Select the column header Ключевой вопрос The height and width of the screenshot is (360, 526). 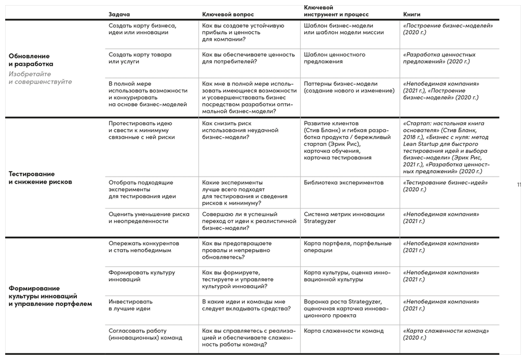(228, 14)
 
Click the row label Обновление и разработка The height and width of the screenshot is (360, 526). (30, 60)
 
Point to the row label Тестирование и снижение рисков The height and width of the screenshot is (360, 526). (39, 178)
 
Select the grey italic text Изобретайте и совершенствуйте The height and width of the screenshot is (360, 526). (40, 78)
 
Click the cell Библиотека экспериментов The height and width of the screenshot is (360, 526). (343, 183)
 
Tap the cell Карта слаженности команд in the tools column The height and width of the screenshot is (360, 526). (343, 331)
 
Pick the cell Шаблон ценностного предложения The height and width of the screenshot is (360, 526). (335, 58)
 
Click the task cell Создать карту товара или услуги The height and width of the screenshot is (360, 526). (140, 58)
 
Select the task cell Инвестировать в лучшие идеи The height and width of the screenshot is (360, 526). (130, 305)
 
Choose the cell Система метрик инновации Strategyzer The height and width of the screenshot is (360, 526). (344, 217)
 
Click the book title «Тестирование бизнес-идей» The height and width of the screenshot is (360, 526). (445, 183)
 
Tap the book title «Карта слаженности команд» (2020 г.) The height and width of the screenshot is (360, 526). (446, 334)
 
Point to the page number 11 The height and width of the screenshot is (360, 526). (518, 184)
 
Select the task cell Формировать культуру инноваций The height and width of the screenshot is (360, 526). (142, 276)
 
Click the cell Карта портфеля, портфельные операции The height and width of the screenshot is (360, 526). (347, 247)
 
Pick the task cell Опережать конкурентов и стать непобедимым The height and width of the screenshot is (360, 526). (143, 247)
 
